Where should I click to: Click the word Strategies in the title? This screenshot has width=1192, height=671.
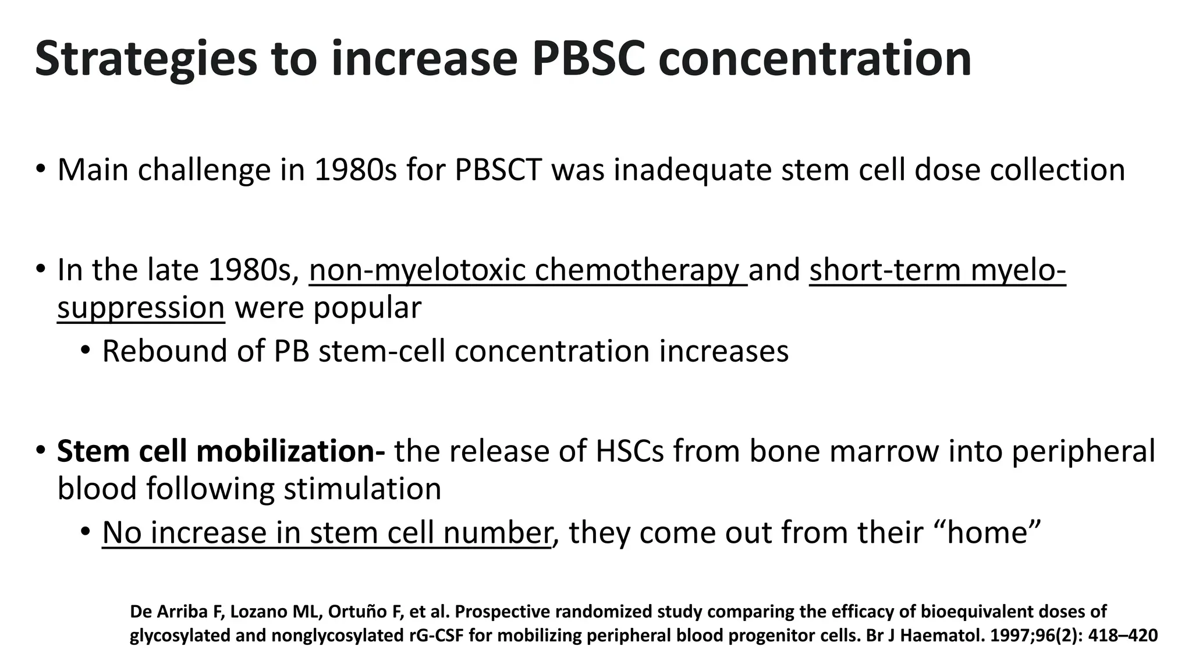[x=146, y=59]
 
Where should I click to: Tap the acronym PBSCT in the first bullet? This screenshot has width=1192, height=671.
[x=498, y=169]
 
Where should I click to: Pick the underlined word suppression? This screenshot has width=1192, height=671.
[x=141, y=308]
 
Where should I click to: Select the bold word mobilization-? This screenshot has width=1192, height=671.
[x=303, y=451]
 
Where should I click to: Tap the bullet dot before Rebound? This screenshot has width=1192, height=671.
[x=86, y=351]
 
